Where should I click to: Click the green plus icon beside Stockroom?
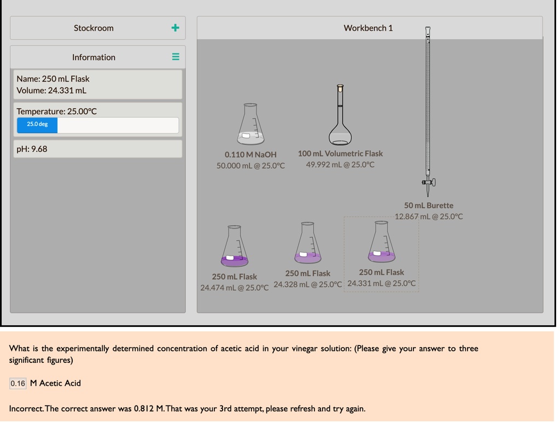pyautogui.click(x=175, y=28)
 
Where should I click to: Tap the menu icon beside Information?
pyautogui.click(x=176, y=57)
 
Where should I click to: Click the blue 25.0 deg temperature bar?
pyautogui.click(x=37, y=125)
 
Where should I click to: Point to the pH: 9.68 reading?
pyautogui.click(x=32, y=149)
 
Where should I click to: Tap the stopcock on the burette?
pyautogui.click(x=428, y=182)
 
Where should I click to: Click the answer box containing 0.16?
pyautogui.click(x=17, y=383)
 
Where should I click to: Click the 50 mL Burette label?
pyautogui.click(x=429, y=205)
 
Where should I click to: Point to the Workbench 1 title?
pyautogui.click(x=368, y=28)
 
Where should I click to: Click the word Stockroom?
pyautogui.click(x=94, y=28)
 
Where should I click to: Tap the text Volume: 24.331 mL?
pyautogui.click(x=51, y=91)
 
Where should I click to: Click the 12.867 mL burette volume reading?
pyautogui.click(x=429, y=216)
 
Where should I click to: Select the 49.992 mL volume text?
pyautogui.click(x=340, y=164)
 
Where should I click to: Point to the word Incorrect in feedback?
pyautogui.click(x=26, y=408)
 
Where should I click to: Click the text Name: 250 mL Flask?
pyautogui.click(x=53, y=79)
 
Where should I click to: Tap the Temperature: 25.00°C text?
pyautogui.click(x=56, y=111)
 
